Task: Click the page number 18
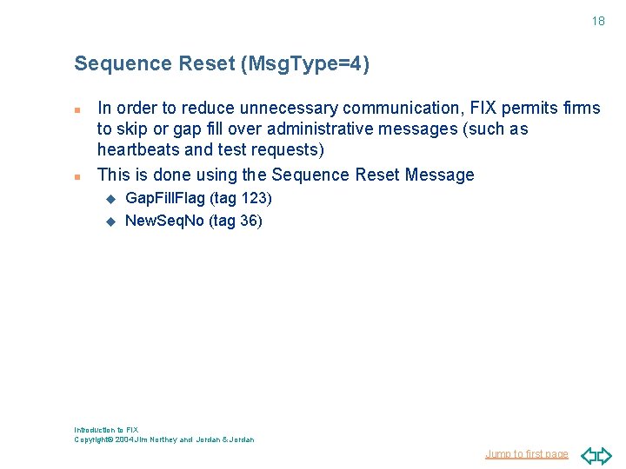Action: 598,21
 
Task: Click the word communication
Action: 404,109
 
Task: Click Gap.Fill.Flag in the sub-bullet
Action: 165,199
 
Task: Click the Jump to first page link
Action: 527,454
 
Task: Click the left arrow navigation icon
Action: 588,455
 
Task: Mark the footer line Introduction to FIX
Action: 106,430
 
